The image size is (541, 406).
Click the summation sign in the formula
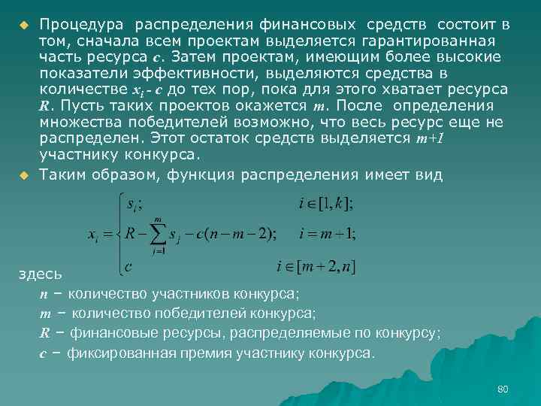coord(159,234)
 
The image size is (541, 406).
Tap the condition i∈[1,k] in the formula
coord(326,203)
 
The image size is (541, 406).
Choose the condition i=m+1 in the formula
coord(328,234)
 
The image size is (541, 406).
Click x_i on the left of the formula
coord(94,235)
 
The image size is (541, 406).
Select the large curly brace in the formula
coord(118,234)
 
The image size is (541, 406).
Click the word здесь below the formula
coord(35,275)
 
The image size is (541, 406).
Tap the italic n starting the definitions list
coord(43,293)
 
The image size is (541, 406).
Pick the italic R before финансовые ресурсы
coord(44,332)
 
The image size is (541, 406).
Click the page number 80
coord(503,389)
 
